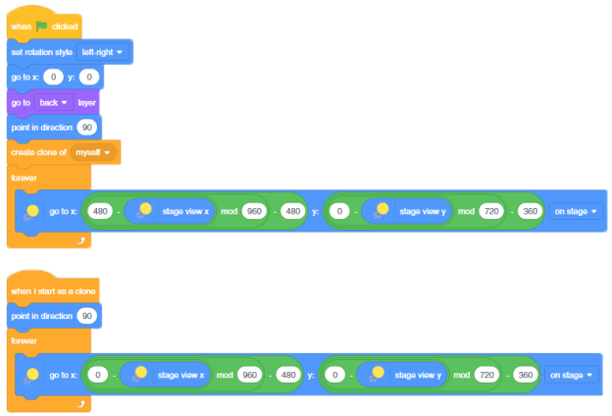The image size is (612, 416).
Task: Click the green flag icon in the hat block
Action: click(41, 26)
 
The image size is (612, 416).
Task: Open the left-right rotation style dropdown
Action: click(102, 51)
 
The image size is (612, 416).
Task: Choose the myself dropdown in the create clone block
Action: click(92, 152)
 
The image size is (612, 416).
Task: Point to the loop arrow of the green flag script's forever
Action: click(81, 238)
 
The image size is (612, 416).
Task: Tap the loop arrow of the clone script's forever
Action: click(81, 402)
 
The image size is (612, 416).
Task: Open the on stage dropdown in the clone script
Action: click(574, 375)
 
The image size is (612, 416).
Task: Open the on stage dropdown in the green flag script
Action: click(577, 211)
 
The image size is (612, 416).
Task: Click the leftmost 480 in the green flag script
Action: click(100, 211)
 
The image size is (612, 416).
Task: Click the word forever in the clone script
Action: click(25, 341)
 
